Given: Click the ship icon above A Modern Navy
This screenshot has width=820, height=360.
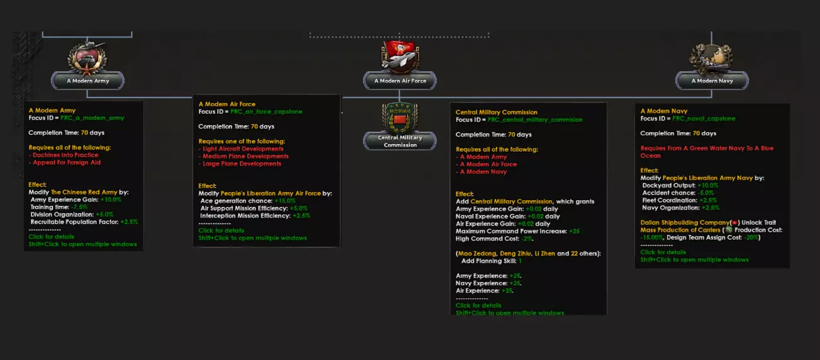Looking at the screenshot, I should (x=712, y=58).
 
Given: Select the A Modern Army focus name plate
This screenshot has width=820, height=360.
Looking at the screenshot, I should (x=88, y=81).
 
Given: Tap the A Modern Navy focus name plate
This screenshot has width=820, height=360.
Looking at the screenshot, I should (x=712, y=81).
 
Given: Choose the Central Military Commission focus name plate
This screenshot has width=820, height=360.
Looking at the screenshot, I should (x=400, y=141).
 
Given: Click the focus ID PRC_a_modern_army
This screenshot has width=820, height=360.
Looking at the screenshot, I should (x=93, y=118).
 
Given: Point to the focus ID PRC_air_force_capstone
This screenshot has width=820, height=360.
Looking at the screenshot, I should (x=266, y=111).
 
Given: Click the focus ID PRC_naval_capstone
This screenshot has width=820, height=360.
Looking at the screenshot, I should (x=703, y=118).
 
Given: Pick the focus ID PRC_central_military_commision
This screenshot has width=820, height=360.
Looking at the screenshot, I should (x=535, y=120).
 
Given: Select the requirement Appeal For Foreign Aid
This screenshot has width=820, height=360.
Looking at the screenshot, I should (x=67, y=162).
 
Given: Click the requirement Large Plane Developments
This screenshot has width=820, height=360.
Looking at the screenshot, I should (x=242, y=164).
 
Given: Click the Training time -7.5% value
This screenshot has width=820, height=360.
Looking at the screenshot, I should (x=79, y=206).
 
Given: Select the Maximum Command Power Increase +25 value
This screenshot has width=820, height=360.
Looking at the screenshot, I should (x=574, y=231).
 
